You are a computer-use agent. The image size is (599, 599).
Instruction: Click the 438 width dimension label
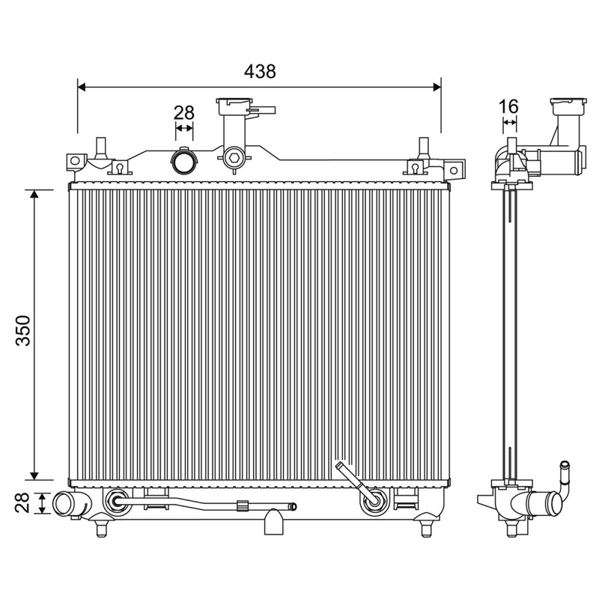point(260,71)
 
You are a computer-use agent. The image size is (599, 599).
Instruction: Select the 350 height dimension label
point(23,330)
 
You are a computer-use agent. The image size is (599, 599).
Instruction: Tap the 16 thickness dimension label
point(509,106)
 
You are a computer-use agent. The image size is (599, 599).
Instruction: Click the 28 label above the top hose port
point(184,113)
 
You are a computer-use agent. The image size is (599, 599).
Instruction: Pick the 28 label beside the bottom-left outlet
point(22,502)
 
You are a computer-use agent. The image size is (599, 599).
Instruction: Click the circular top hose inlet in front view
point(184,161)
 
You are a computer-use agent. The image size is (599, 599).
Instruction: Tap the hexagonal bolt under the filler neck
point(234,157)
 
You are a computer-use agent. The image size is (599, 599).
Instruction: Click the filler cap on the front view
point(234,106)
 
